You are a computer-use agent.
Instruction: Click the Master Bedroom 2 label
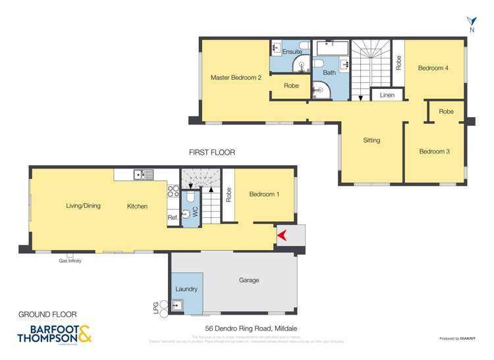[236, 78]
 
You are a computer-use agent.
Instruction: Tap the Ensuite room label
[292, 51]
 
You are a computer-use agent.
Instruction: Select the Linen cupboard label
[387, 95]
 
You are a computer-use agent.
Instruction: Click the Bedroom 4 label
[433, 68]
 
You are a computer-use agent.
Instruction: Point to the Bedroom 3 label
[434, 151]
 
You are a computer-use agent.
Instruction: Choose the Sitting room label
[371, 140]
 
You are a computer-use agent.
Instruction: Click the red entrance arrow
[281, 235]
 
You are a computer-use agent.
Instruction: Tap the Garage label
[248, 280]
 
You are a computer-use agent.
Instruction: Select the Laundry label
[186, 289]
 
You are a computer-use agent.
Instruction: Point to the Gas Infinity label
[70, 261]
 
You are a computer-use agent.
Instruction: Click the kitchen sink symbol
[143, 174]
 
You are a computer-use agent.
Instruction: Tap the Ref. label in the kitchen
[173, 217]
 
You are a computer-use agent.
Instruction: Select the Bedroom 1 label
[264, 194]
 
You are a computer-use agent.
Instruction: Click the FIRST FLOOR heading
[211, 153]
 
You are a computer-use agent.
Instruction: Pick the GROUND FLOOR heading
[47, 315]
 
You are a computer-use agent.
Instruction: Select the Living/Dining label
[83, 206]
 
